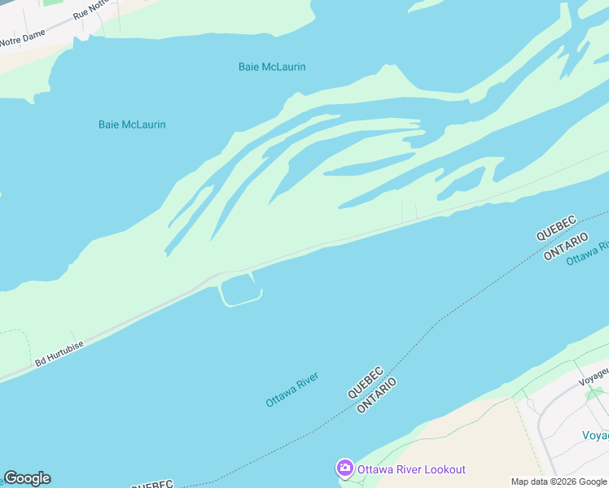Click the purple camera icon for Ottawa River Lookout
tap(344, 468)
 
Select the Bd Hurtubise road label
tap(59, 351)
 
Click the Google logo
tap(27, 478)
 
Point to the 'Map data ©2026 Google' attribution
tap(559, 481)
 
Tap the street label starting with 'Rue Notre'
tap(91, 9)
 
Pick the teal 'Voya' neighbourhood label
tap(595, 435)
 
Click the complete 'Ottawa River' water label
tap(291, 390)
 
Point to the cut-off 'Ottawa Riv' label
tap(588, 251)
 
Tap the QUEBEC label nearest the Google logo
tap(153, 484)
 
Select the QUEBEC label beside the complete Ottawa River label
tap(366, 381)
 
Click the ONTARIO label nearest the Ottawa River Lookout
tap(377, 394)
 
